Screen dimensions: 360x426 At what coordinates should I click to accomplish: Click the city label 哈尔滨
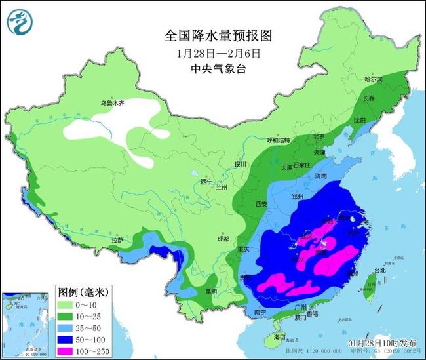(x=373, y=79)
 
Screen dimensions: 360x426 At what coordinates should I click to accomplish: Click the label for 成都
(x=223, y=239)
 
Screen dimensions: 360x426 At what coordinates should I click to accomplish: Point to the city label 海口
(x=280, y=336)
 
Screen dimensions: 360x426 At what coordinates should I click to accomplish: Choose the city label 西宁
(x=207, y=181)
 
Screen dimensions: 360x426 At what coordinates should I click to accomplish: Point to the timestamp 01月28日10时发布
(x=381, y=342)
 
